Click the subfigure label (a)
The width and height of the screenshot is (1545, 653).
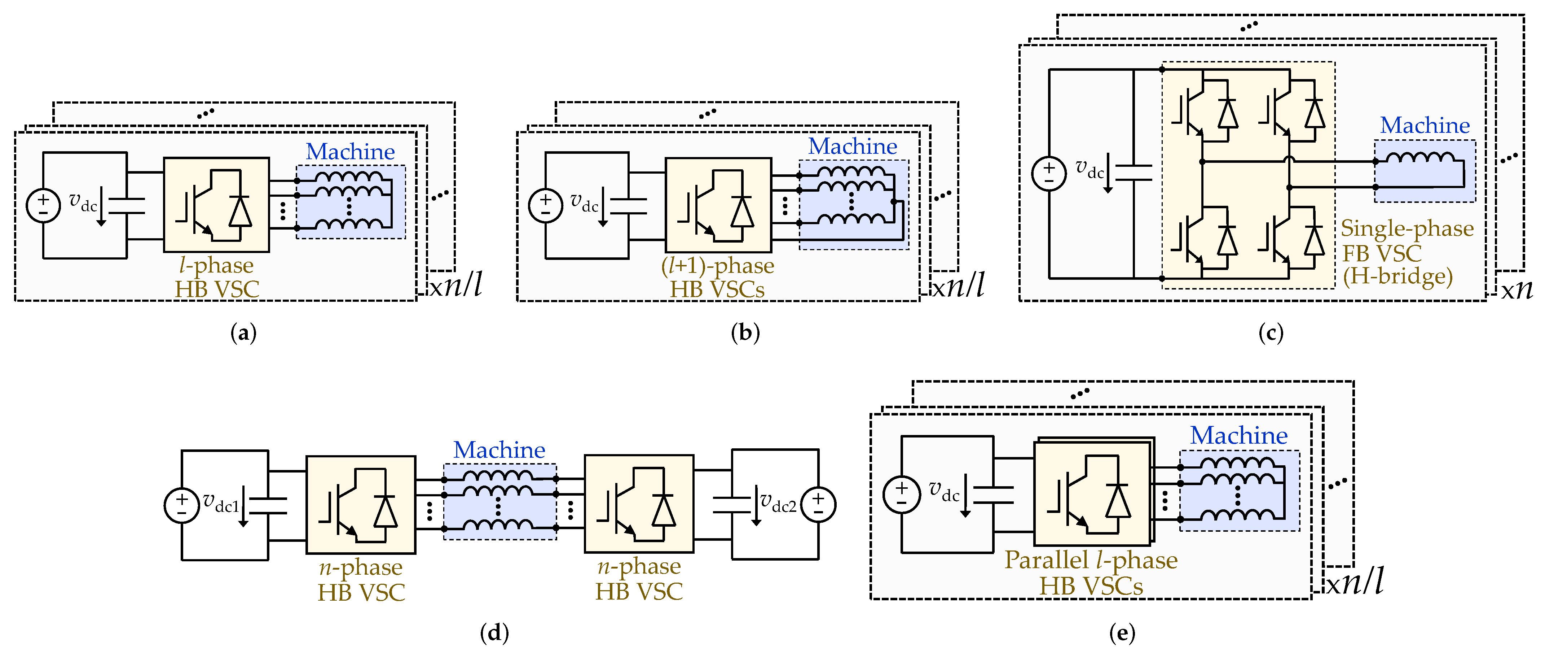coord(243,332)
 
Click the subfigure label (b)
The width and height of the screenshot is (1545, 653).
coord(745,332)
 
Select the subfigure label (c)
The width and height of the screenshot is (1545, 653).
coord(1270,332)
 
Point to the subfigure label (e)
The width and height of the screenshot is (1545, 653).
coord(1122,632)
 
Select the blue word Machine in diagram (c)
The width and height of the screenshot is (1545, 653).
coord(1425,126)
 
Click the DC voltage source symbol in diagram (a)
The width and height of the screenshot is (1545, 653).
coord(43,205)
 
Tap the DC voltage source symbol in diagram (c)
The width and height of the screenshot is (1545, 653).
coord(1048,174)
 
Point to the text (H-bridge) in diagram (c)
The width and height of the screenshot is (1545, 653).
coord(1397,277)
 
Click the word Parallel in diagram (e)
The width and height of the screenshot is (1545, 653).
coord(1047,560)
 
